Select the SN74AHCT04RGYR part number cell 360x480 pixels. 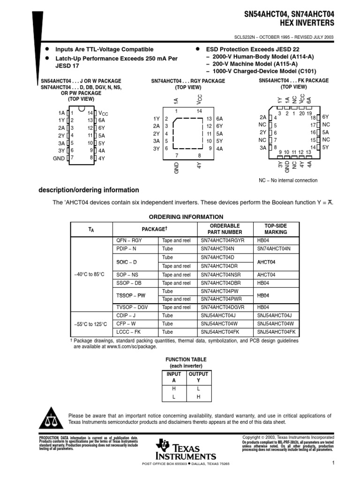click(223, 240)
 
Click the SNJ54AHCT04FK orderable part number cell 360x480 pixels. click(223, 332)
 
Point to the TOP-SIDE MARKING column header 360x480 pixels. click(276, 229)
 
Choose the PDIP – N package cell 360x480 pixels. click(127, 249)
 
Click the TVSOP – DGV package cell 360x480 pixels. click(131, 307)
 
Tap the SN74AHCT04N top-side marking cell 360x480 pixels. click(274, 249)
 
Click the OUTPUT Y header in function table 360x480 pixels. click(198, 377)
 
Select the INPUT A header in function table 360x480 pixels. click(174, 377)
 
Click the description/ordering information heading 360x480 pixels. click(88, 190)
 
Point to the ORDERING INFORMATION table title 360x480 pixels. click(186, 217)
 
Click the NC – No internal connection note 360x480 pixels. click(288, 180)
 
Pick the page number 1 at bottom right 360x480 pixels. click(331, 464)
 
